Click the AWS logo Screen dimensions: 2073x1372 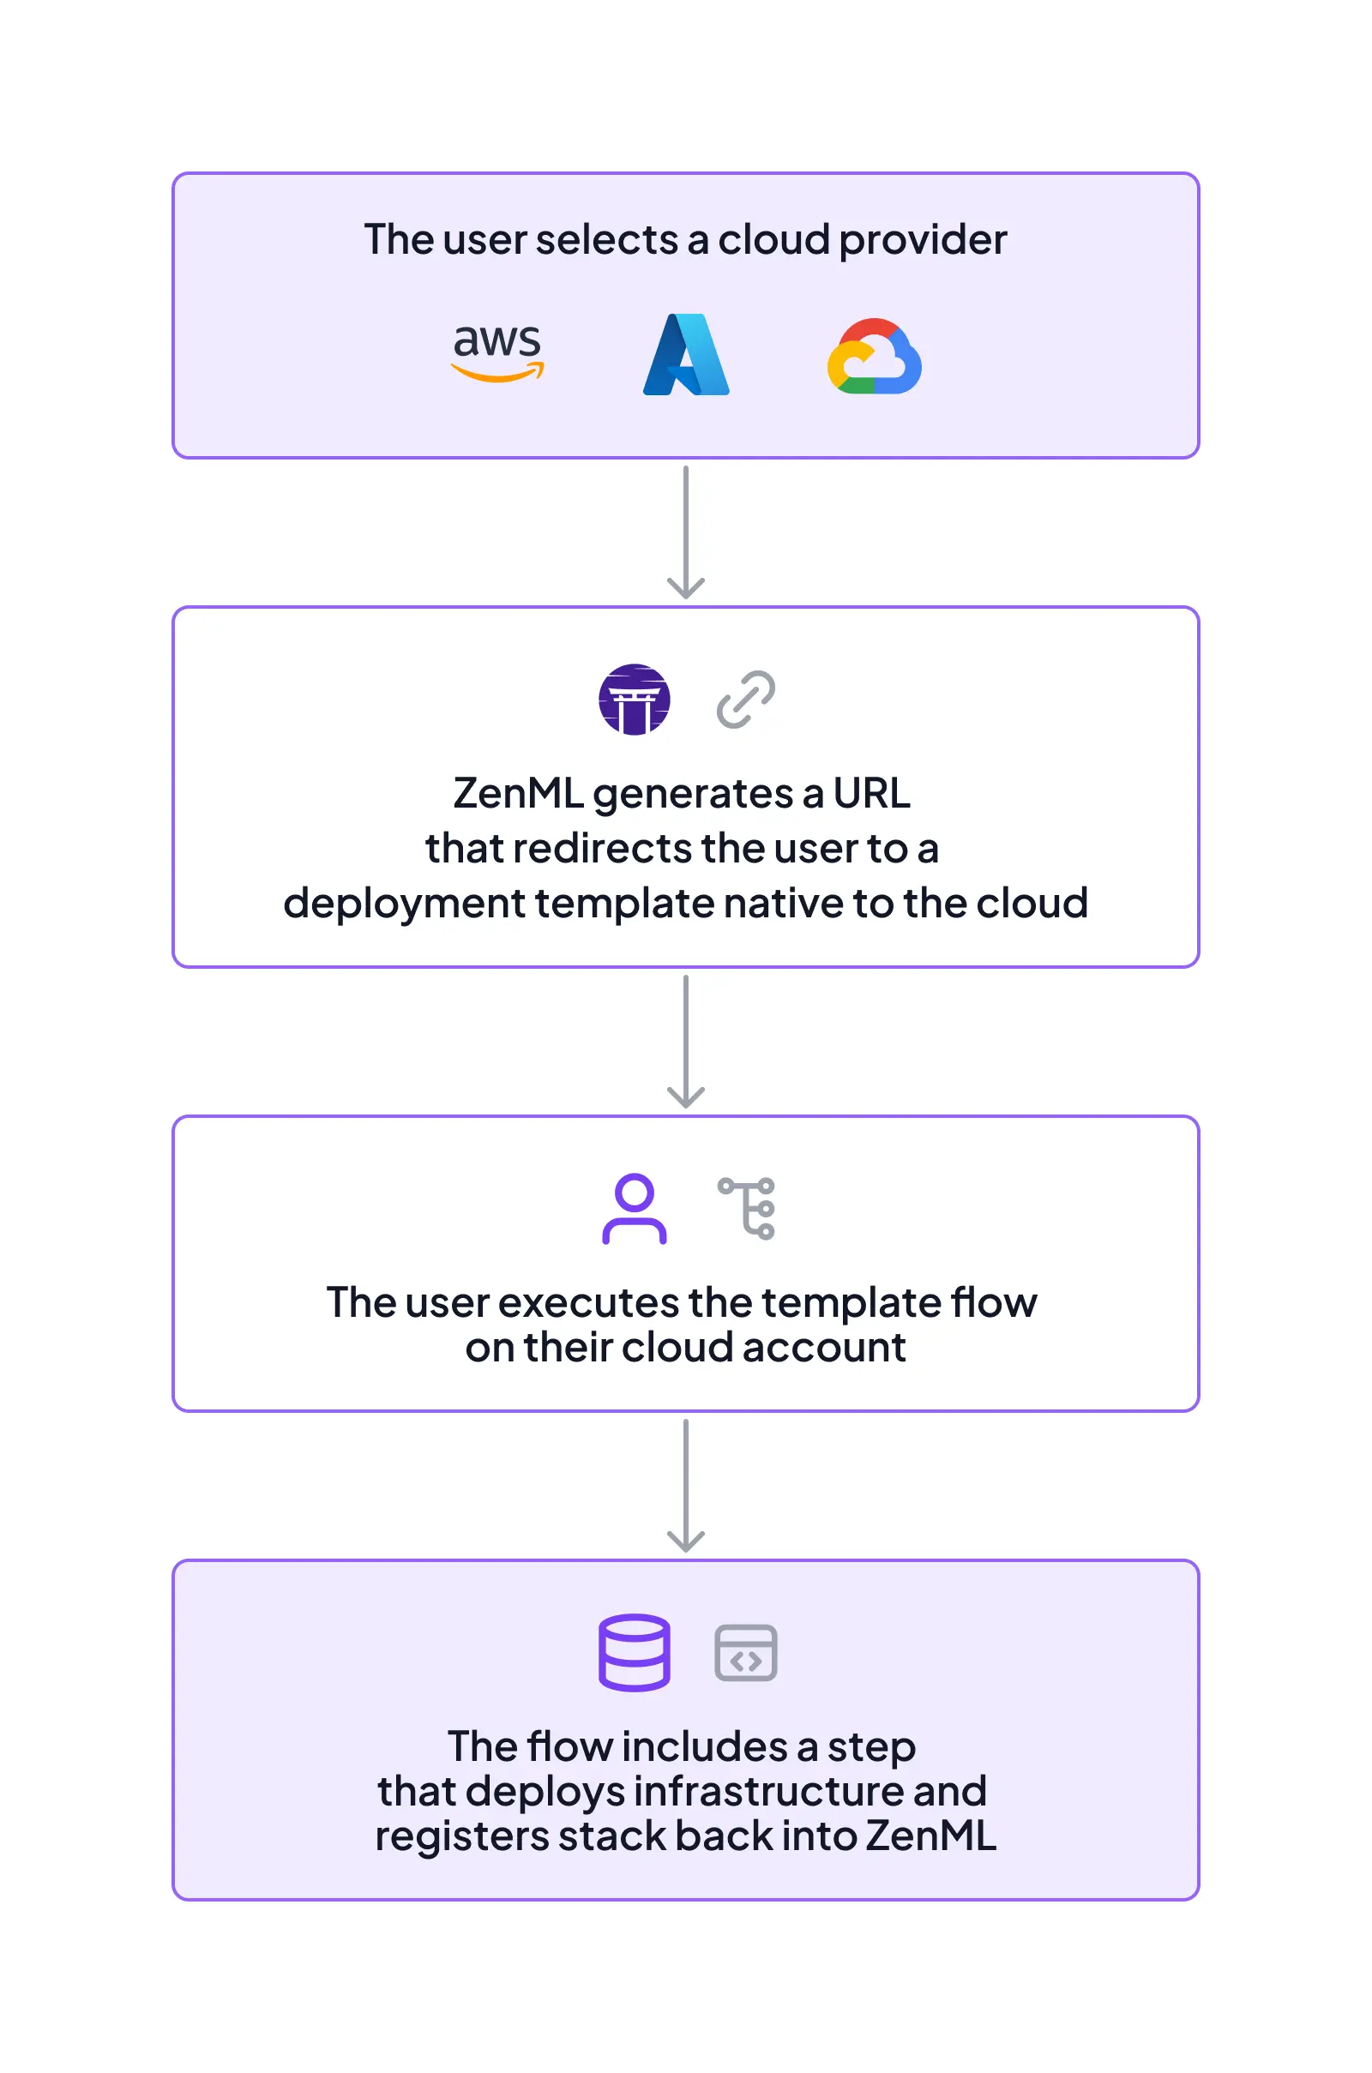pyautogui.click(x=497, y=352)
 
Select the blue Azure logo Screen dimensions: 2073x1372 pyautogui.click(x=686, y=355)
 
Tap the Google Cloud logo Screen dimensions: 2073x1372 pyautogui.click(x=874, y=357)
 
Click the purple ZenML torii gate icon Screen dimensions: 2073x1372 pyautogui.click(x=635, y=700)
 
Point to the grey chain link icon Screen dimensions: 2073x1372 pyautogui.click(x=745, y=700)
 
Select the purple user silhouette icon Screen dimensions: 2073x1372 pyautogui.click(x=635, y=1209)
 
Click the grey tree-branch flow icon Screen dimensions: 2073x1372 pyautogui.click(x=747, y=1209)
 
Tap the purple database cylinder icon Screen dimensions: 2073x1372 pyautogui.click(x=635, y=1652)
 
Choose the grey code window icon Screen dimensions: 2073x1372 pyautogui.click(x=745, y=1653)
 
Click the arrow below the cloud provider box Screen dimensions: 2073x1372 pyautogui.click(x=686, y=533)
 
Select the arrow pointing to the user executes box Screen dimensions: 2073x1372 pyautogui.click(x=686, y=1043)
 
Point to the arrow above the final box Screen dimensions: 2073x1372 pyautogui.click(x=686, y=1487)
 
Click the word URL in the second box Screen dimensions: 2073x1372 pyautogui.click(x=871, y=793)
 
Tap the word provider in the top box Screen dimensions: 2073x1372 pyautogui.click(x=923, y=240)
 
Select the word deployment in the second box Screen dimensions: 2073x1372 pyautogui.click(x=403, y=904)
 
